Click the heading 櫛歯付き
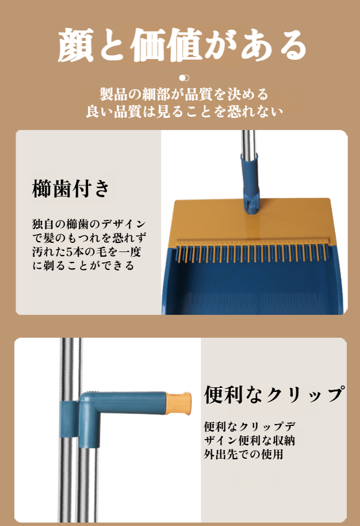point(71,189)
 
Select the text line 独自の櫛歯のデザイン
point(89,223)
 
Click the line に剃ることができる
point(84,265)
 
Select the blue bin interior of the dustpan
point(259,282)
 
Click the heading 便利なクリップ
point(274,395)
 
